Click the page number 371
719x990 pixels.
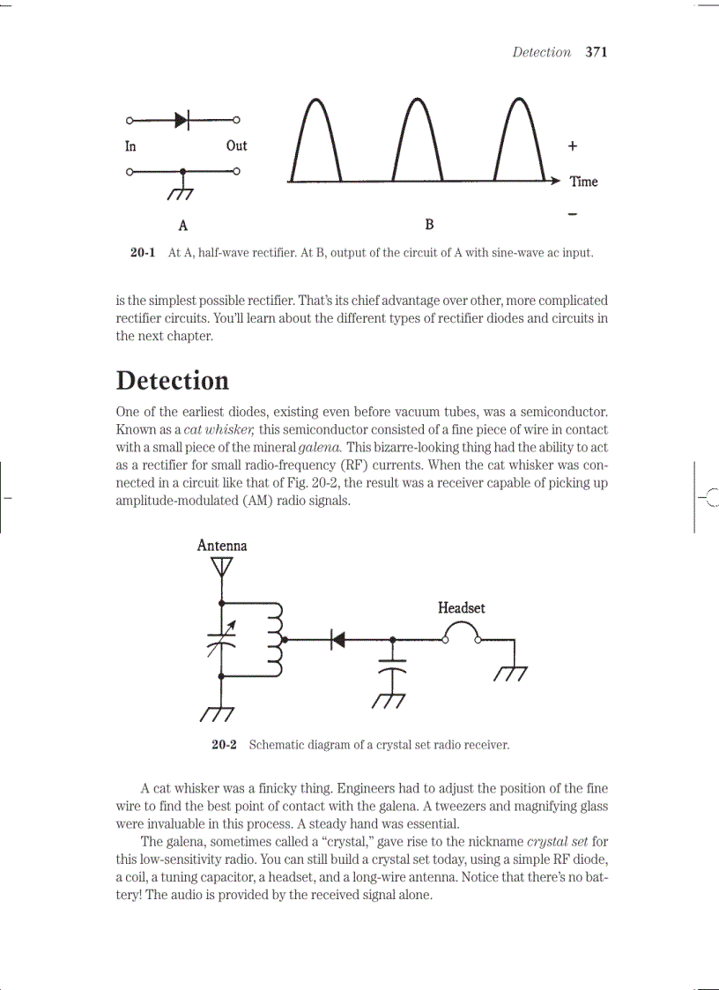coord(597,52)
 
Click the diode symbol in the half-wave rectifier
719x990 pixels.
coord(182,119)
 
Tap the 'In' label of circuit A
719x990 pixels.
coord(130,146)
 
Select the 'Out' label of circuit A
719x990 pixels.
coord(236,145)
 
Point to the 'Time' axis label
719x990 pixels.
coord(583,182)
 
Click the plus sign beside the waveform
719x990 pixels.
coord(573,145)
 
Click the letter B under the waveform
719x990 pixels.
coord(429,224)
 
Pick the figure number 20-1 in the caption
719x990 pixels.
coord(143,253)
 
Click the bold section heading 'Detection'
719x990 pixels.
coord(173,381)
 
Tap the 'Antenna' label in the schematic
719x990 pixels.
coord(222,546)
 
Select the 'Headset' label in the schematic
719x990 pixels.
coord(461,607)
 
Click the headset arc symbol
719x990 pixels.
coord(462,631)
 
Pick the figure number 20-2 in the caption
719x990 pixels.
coord(224,745)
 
